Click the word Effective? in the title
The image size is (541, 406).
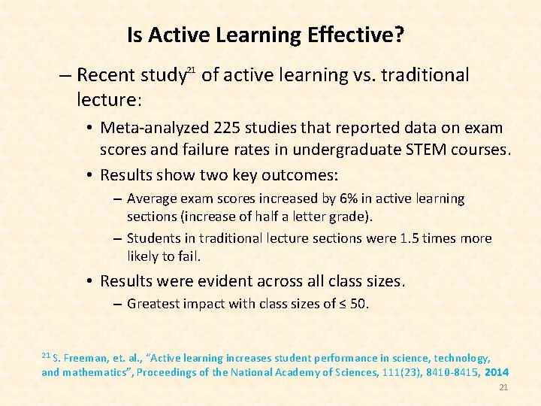357,35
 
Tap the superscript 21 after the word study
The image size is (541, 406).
191,70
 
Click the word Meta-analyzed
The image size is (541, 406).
156,128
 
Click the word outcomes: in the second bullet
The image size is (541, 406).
301,175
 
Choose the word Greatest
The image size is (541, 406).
154,304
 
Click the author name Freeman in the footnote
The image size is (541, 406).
91,359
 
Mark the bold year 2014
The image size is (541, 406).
497,372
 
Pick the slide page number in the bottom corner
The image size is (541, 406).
504,387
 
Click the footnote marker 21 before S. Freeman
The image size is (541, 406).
45,355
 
